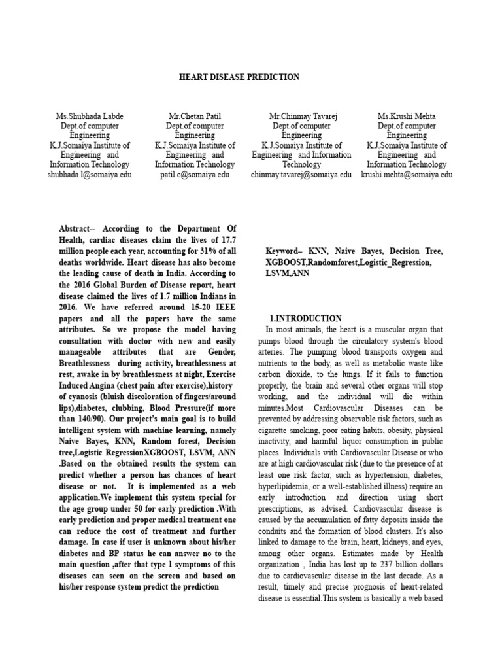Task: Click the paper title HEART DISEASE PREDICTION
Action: coord(239,77)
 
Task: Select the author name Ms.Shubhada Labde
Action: coord(90,116)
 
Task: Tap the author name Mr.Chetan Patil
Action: coord(194,116)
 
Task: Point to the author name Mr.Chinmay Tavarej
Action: coord(301,116)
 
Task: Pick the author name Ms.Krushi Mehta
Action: coord(407,116)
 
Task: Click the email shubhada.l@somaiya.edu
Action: coord(90,175)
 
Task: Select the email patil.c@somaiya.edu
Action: coord(194,175)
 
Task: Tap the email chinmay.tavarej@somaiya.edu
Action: coord(301,175)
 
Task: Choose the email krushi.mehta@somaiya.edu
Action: coord(407,175)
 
